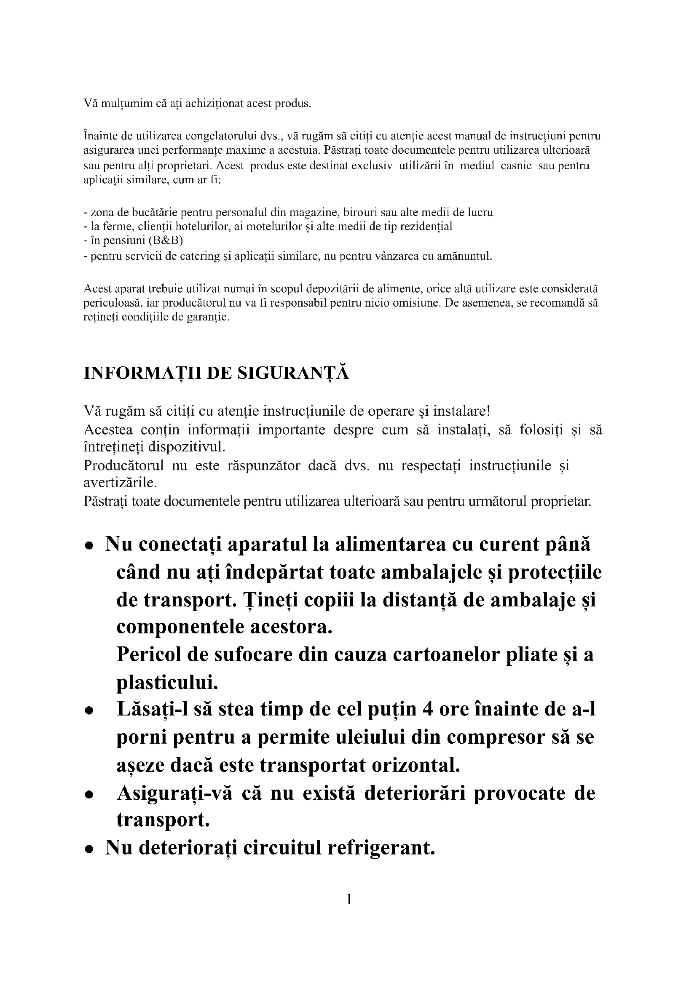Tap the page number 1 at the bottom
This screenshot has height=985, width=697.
348,899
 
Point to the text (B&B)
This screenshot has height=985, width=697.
165,241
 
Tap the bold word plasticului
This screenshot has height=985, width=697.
167,682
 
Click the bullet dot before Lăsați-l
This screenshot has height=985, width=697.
89,711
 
